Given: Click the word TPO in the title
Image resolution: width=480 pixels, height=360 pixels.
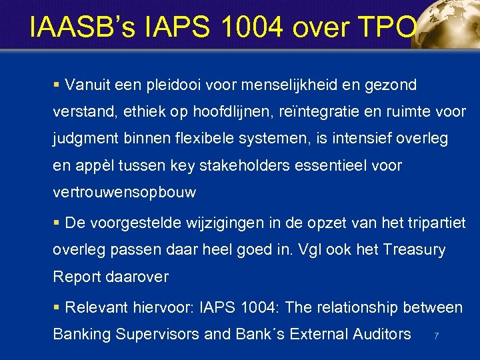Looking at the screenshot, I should pos(389,28).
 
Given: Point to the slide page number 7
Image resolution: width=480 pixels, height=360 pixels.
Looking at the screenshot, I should pos(436,336).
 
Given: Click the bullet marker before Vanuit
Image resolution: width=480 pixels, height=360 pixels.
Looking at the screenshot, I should pos(57,85).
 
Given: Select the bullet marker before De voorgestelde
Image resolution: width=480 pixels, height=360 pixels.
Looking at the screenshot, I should pos(57,223).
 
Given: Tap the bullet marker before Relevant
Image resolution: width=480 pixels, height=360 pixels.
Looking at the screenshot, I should pos(57,307).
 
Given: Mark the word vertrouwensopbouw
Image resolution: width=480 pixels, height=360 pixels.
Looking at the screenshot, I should pos(125,192).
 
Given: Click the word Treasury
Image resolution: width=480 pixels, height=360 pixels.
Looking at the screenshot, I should pos(415,249).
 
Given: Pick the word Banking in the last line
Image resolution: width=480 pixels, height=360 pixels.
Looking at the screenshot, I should pos(82,334).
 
